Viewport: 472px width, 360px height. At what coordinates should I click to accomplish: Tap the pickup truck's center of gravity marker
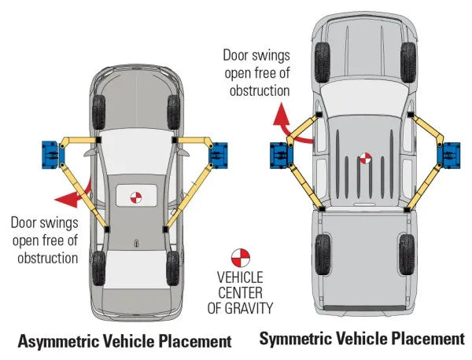364,158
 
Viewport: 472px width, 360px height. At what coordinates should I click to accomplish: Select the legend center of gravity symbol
240,257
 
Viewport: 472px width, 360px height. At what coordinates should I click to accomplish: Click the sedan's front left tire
98,112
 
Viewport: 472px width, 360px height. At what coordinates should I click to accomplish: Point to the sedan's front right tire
174,112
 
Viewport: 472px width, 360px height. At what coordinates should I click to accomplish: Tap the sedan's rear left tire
98,267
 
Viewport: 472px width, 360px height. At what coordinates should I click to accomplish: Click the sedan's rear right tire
174,267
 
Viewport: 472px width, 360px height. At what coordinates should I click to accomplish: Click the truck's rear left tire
323,254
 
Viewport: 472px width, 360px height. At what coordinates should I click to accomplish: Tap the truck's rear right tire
407,254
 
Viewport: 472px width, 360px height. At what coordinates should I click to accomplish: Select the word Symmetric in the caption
300,340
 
